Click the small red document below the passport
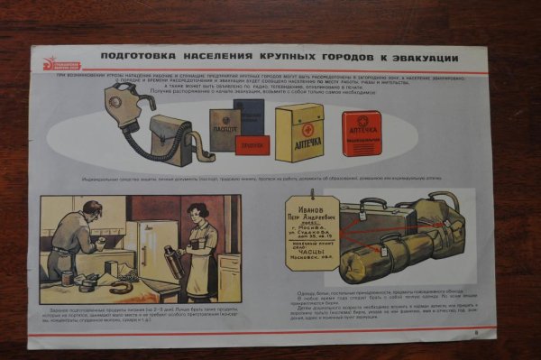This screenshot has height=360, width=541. point(252,145)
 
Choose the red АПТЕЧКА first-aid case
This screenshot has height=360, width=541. point(362,134)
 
